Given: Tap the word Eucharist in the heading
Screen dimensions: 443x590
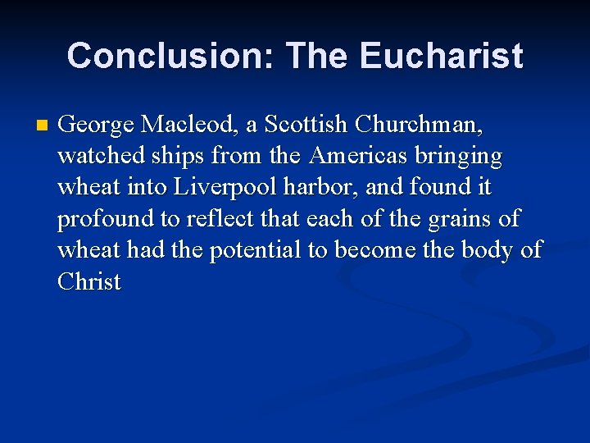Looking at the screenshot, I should [441, 56].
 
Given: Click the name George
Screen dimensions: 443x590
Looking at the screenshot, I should [97, 126].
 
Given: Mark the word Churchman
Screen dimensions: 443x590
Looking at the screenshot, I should [420, 125].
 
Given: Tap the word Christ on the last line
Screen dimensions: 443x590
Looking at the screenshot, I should [88, 281].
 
